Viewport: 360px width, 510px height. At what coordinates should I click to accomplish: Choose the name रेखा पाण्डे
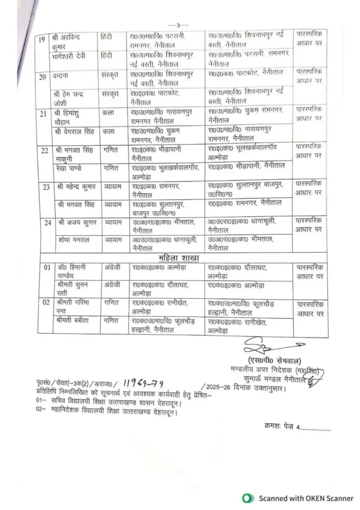click(x=70, y=169)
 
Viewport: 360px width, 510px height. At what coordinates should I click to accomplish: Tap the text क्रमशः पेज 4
click(x=295, y=427)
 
